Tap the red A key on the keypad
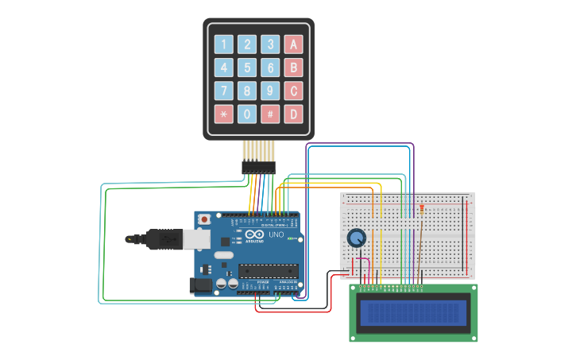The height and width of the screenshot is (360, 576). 294,45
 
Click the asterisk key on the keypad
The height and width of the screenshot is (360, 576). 224,114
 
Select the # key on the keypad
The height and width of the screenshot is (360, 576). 270,114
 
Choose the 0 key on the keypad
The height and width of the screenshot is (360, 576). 247,114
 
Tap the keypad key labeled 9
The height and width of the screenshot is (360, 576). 270,91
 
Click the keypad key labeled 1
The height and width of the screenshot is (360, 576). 224,45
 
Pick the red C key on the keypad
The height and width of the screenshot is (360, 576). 294,91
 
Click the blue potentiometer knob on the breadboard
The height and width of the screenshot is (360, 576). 357,237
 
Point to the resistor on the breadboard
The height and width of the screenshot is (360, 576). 421,210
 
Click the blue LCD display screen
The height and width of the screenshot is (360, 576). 413,313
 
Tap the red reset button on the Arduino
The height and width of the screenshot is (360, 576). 204,219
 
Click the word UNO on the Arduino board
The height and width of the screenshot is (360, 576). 276,235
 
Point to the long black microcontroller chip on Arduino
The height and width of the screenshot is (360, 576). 268,271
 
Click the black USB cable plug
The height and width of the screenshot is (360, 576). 164,238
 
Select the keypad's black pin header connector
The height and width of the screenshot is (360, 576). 258,168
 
